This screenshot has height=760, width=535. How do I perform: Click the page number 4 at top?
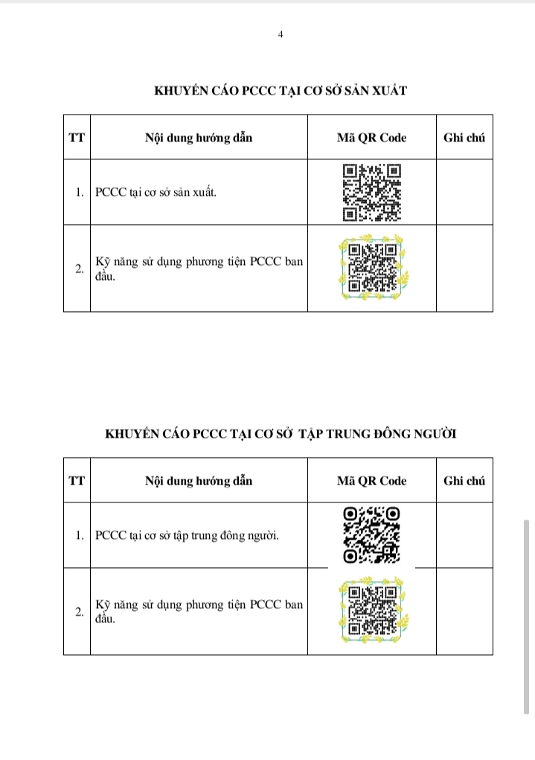click(x=281, y=34)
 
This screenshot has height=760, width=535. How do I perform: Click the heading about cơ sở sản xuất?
click(x=281, y=91)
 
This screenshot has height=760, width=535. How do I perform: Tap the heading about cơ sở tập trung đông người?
click(x=281, y=433)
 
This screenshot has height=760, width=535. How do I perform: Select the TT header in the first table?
click(x=77, y=138)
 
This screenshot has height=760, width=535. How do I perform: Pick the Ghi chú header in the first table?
click(x=464, y=138)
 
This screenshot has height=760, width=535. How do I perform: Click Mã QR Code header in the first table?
click(x=372, y=138)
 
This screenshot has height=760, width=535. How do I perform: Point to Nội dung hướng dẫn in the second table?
click(x=199, y=481)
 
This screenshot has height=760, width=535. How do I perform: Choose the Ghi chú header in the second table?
click(x=464, y=481)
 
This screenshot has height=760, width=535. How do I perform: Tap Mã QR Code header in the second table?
click(x=372, y=481)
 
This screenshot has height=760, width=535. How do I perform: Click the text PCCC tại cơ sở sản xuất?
click(x=156, y=192)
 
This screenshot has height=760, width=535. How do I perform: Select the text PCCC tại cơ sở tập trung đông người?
click(x=187, y=536)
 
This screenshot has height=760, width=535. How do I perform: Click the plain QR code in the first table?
click(x=372, y=193)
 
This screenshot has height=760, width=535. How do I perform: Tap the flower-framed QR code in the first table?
click(x=372, y=268)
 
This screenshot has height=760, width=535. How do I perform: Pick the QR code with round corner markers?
click(x=372, y=535)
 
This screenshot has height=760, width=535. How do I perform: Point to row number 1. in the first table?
click(x=80, y=193)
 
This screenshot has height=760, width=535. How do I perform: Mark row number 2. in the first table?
click(x=80, y=269)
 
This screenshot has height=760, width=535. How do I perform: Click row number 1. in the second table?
click(x=80, y=536)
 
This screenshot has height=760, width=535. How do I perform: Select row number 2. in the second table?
click(x=80, y=612)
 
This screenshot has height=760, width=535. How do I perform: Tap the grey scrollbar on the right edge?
click(x=526, y=617)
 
